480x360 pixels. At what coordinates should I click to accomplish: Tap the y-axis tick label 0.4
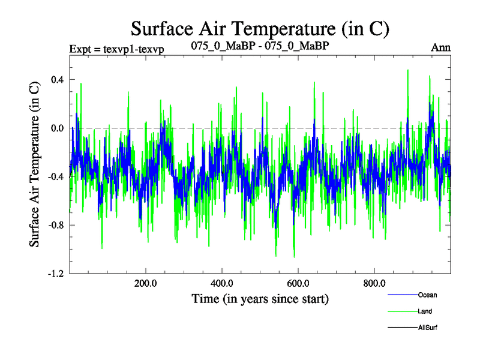coord(56,79)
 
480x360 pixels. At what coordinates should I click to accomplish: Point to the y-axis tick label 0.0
coord(56,128)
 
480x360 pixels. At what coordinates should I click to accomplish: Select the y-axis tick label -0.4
coord(55,176)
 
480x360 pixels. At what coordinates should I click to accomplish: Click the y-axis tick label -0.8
coord(55,225)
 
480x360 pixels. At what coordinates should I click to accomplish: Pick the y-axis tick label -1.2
coord(55,274)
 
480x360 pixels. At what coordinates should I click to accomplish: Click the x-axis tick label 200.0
coord(146,284)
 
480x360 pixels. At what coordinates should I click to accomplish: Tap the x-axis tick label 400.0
coord(222,284)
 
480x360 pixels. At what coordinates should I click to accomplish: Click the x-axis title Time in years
coord(260,298)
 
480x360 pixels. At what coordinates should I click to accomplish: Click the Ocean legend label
coord(428,295)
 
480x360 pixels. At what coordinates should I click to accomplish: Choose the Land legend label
coord(425,311)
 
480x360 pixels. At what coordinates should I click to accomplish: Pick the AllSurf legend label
coord(428,328)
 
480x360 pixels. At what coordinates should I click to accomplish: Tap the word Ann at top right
coord(441,47)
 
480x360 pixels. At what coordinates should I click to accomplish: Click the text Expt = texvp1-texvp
coord(117,49)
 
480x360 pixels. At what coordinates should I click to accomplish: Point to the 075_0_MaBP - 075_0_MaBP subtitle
coord(260,46)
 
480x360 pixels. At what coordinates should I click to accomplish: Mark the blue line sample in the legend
coord(403,295)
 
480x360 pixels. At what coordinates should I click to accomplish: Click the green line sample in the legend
coord(403,311)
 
